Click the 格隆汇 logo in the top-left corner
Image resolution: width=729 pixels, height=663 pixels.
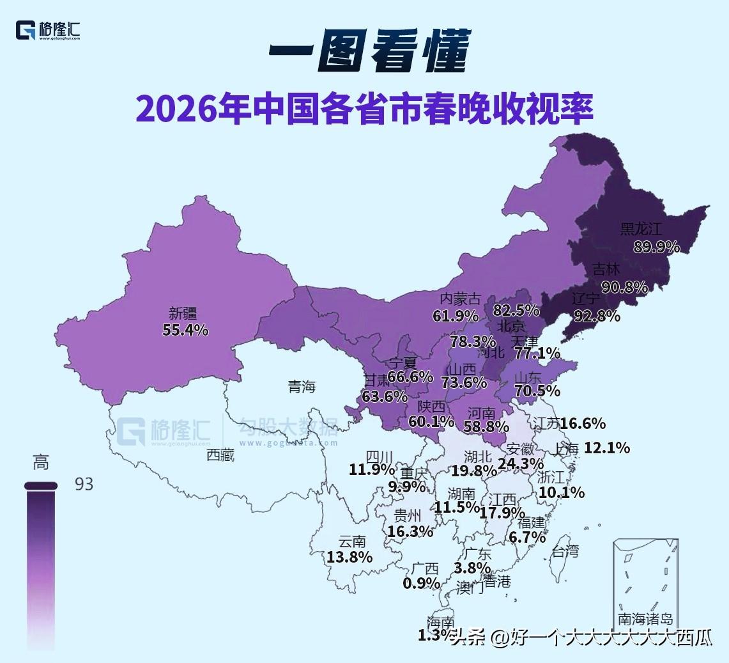click(x=49, y=30)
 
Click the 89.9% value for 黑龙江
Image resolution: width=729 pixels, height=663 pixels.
click(x=656, y=247)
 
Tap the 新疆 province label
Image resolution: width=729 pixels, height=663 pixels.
click(x=183, y=313)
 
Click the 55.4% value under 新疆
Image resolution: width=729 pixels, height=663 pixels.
click(x=185, y=330)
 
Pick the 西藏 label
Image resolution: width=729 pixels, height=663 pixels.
click(x=220, y=455)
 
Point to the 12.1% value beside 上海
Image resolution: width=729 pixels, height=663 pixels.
click(x=607, y=448)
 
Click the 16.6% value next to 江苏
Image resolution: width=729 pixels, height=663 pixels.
click(x=583, y=423)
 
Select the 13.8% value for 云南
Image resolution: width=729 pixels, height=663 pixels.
click(x=349, y=557)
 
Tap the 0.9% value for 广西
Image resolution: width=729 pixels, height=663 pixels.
click(x=421, y=583)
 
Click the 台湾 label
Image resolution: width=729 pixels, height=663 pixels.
click(x=565, y=551)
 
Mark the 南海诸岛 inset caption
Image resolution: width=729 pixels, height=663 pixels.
click(x=645, y=619)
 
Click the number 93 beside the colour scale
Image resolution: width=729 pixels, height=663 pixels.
click(x=84, y=485)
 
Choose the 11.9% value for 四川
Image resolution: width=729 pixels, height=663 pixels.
click(x=372, y=470)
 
